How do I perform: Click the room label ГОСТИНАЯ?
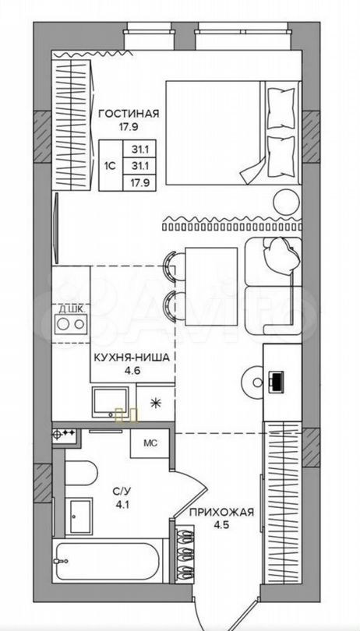[x=129, y=114]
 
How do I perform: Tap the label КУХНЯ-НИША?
[x=129, y=357]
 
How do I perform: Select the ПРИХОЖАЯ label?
[x=221, y=513]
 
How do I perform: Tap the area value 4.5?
[x=221, y=526]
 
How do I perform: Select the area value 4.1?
[x=118, y=504]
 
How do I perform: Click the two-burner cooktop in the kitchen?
[x=71, y=323]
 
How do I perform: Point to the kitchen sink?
[x=111, y=402]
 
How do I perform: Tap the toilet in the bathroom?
[x=80, y=474]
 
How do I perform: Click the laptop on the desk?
[x=276, y=382]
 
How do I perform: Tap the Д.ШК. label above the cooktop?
[x=72, y=309]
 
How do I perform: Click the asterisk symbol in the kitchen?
[x=154, y=403]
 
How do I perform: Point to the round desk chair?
[x=254, y=381]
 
